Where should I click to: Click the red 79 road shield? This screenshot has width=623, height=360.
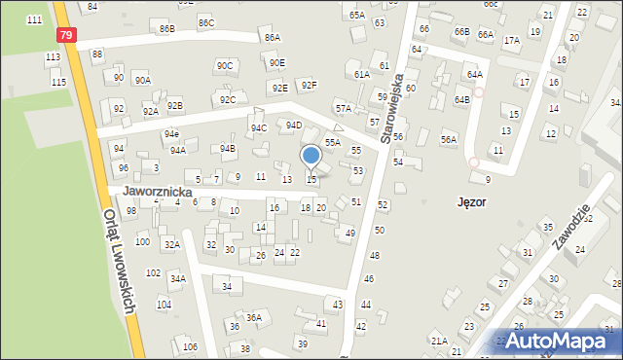65,35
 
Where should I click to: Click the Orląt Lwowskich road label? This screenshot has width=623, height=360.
122,257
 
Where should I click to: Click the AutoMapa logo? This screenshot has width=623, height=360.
558,341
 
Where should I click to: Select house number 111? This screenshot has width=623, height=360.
35,20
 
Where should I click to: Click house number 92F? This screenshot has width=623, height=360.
309,86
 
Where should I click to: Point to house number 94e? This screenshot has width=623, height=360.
171,133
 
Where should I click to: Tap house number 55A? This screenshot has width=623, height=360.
333,142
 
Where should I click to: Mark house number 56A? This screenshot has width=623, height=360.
448,139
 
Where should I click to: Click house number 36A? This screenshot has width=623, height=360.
253,317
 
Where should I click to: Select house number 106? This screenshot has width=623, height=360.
190,347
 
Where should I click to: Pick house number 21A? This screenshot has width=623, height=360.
439,341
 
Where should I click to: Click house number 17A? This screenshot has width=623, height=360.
511,41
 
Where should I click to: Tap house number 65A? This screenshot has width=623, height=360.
357,16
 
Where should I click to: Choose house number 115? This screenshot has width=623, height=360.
58,82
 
